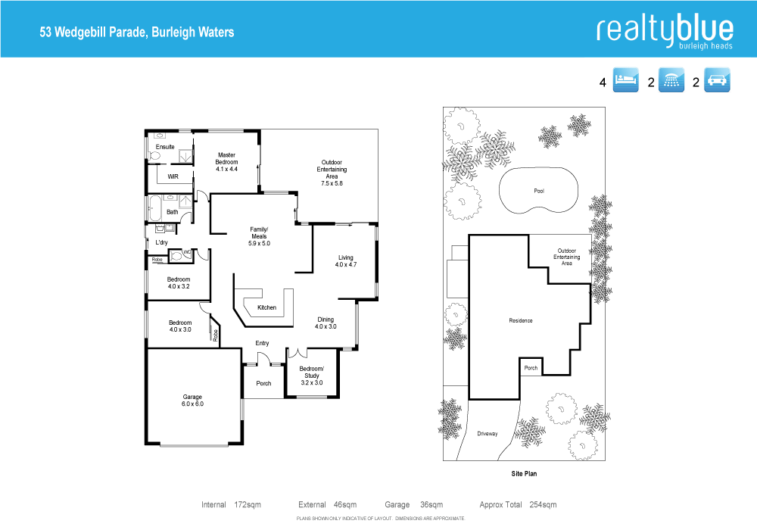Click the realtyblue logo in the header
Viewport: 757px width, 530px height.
(665, 31)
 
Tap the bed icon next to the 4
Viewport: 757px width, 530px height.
(625, 81)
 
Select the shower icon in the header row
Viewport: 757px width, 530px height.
(671, 81)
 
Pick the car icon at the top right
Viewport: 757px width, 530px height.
(717, 81)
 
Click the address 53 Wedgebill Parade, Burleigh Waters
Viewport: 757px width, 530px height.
(137, 33)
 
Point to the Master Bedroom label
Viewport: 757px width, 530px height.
(227, 162)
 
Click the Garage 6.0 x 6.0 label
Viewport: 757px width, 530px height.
(193, 401)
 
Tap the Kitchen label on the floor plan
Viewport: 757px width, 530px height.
(266, 307)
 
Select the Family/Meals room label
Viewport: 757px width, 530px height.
(259, 236)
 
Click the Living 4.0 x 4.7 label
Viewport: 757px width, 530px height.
(346, 261)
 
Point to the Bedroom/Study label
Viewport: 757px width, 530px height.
(311, 376)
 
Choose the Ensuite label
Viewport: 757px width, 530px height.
(165, 147)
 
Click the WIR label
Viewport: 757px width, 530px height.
(173, 176)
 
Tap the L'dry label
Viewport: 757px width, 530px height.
(161, 242)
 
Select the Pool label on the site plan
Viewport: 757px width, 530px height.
(539, 191)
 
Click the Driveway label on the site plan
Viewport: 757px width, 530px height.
(488, 434)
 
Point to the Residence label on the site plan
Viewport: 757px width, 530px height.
(521, 321)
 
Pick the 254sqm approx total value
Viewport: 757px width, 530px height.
(544, 505)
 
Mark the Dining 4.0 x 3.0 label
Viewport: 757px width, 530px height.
(326, 323)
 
